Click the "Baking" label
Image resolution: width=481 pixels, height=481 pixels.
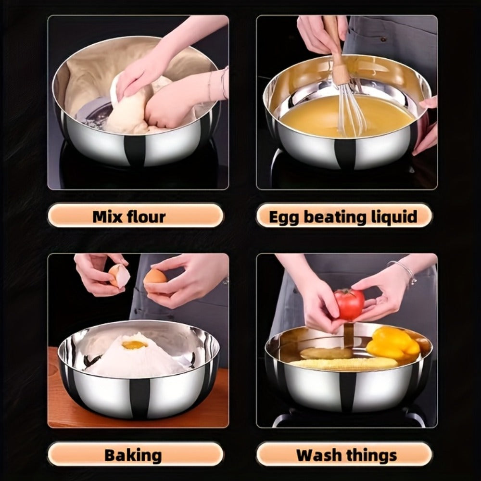point(133,456)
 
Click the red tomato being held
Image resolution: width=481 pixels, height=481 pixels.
point(349,304)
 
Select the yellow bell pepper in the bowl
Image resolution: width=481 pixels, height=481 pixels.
point(392,343)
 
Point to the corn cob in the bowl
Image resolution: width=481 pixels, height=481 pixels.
point(343,364)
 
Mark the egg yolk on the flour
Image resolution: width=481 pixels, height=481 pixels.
point(134,345)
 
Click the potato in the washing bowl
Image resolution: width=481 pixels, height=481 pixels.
point(326,354)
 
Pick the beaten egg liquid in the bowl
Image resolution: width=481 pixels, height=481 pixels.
point(347,115)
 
